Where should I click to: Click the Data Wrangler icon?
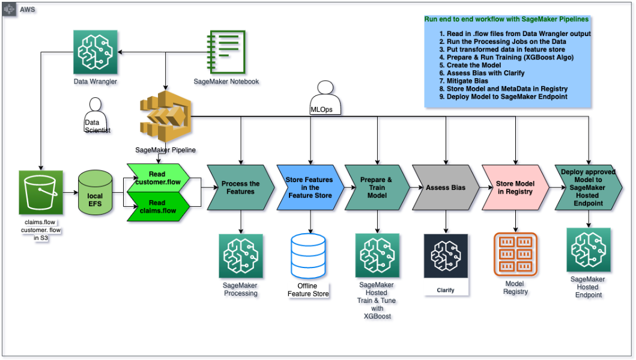(95, 52)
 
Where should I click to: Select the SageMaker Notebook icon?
(226, 52)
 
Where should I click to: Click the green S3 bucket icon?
(40, 193)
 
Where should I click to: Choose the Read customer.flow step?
(158, 178)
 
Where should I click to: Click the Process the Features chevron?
(240, 188)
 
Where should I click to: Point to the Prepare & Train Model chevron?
(377, 188)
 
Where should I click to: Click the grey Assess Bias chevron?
(445, 188)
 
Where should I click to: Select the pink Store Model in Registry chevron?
(515, 188)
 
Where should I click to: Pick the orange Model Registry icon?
(515, 254)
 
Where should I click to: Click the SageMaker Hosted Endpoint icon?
(588, 249)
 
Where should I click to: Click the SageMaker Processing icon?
(240, 255)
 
